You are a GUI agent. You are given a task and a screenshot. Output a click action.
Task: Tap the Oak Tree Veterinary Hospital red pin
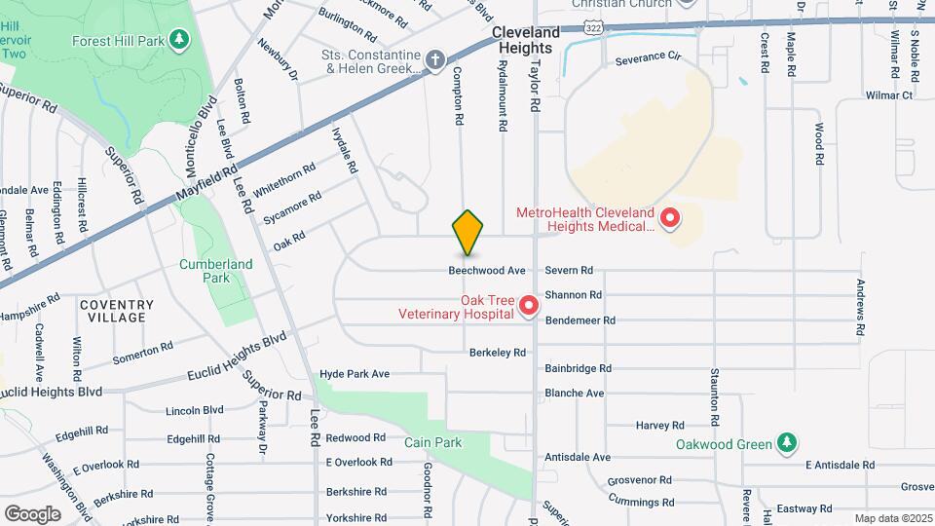click(x=529, y=307)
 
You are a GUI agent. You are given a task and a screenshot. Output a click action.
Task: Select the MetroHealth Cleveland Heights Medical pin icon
click(x=669, y=219)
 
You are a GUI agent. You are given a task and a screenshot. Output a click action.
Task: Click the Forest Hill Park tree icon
click(x=178, y=40)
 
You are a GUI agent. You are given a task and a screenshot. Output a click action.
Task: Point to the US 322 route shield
click(x=593, y=27)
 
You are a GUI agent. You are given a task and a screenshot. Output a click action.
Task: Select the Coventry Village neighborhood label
click(x=116, y=311)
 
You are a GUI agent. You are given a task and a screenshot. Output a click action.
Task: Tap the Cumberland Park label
click(x=215, y=271)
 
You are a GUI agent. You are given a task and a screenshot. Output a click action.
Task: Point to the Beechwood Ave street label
click(x=487, y=270)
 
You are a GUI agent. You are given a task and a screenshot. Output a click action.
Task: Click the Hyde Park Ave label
click(x=355, y=374)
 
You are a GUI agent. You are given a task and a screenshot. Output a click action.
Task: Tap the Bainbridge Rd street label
click(x=578, y=368)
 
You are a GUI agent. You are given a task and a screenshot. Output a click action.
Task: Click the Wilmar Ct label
click(x=889, y=95)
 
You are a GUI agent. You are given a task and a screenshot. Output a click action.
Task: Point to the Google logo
click(x=32, y=513)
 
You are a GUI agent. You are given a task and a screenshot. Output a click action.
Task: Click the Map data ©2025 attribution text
click(x=892, y=518)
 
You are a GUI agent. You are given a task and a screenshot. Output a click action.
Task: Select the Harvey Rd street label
click(x=660, y=426)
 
